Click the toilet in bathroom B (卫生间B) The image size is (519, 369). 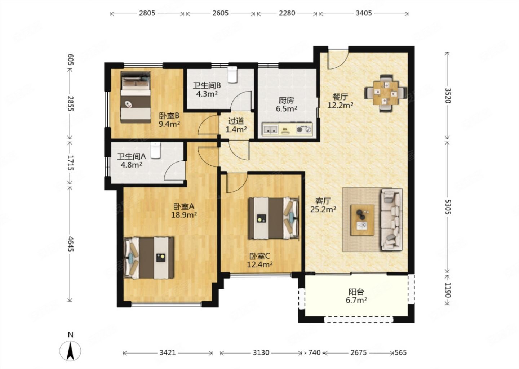[232, 74]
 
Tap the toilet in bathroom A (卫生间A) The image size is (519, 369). [156, 150]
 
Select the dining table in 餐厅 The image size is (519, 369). [386, 93]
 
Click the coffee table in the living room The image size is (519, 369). [362, 220]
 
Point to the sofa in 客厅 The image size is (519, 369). [391, 219]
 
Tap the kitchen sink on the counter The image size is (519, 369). [270, 129]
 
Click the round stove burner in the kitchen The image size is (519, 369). [300, 129]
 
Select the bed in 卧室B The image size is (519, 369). [136, 97]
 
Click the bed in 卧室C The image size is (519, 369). [274, 218]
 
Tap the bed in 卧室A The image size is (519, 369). [148, 258]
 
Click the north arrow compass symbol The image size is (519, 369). [70, 348]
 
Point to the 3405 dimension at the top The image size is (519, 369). [364, 13]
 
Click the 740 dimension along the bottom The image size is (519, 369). [314, 352]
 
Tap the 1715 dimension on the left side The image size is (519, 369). [70, 163]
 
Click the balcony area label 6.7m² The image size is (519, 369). [356, 301]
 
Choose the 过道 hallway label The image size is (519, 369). [236, 121]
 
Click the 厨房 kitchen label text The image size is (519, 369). [286, 100]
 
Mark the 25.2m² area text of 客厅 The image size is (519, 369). [323, 209]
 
